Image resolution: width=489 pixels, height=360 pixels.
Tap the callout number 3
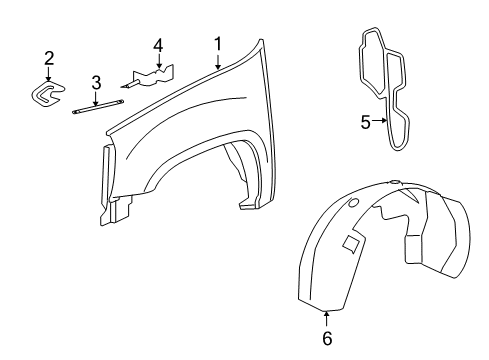97,82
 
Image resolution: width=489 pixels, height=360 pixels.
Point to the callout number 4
157,45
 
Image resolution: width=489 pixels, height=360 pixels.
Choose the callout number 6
326,338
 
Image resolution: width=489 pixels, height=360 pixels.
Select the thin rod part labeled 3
98,106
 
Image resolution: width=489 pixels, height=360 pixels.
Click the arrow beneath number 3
97,96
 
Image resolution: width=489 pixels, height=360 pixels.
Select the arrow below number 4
157,61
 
